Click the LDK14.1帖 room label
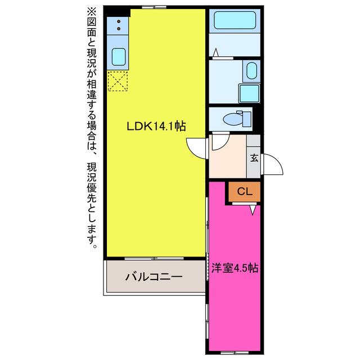tap(156, 126)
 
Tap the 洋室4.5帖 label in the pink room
tap(235, 268)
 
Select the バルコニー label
tap(154, 277)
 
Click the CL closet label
tap(245, 191)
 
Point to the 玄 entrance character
tap(254, 158)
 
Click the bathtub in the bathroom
tap(235, 20)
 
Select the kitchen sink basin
tap(119, 57)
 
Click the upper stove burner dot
tap(119, 21)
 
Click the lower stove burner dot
tap(119, 29)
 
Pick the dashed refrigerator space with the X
tap(118, 81)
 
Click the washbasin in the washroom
tap(251, 70)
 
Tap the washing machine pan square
tap(249, 93)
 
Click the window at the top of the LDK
tap(154, 7)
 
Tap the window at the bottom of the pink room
tap(235, 353)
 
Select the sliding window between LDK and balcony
tap(154, 259)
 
